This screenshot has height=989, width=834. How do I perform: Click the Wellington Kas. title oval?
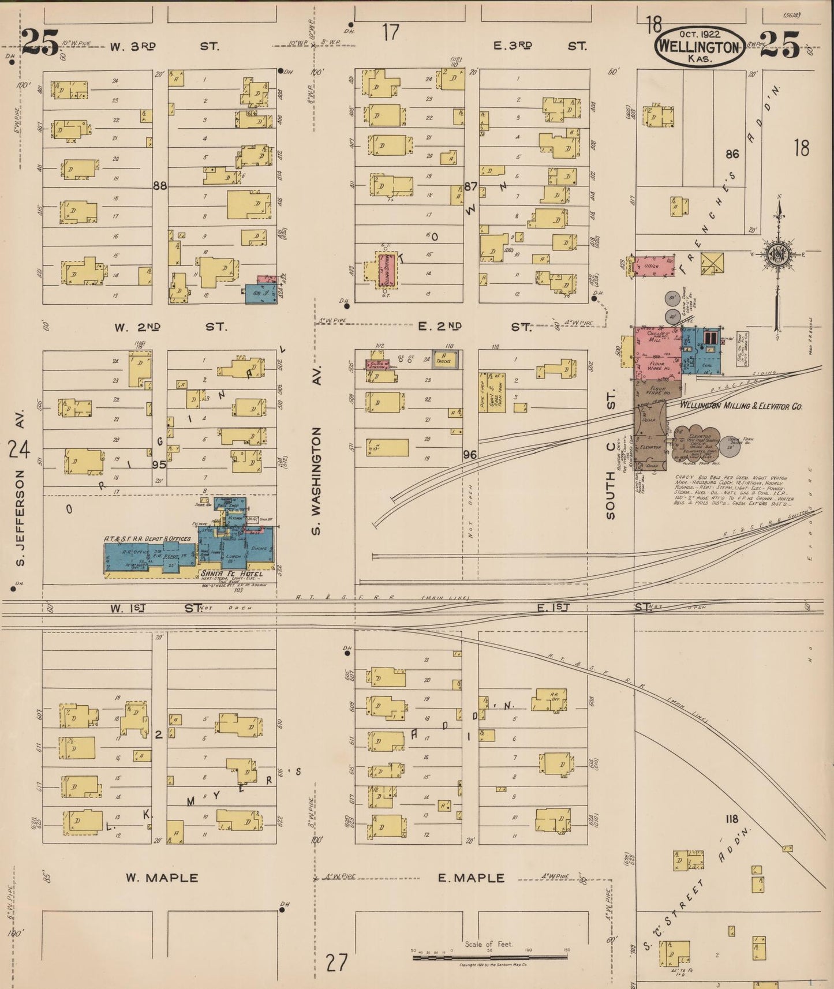pyautogui.click(x=699, y=46)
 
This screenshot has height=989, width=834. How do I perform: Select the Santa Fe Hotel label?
pyautogui.click(x=231, y=574)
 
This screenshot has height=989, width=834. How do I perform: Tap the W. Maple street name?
pyautogui.click(x=162, y=878)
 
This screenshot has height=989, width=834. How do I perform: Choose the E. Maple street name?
pyautogui.click(x=471, y=878)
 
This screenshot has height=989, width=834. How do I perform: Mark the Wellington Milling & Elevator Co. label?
pyautogui.click(x=741, y=406)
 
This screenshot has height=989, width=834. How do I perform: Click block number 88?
pyautogui.click(x=160, y=186)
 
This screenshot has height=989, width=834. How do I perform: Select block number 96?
pyautogui.click(x=470, y=455)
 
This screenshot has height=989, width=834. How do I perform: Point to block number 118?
pyautogui.click(x=732, y=819)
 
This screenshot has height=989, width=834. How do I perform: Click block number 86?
pyautogui.click(x=732, y=154)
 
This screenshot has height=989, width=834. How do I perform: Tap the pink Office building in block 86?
pyautogui.click(x=655, y=266)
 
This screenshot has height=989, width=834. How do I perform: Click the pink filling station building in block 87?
pyautogui.click(x=386, y=269)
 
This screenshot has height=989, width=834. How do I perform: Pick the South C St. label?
pyautogui.click(x=611, y=453)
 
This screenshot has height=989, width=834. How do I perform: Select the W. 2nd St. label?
pyautogui.click(x=170, y=327)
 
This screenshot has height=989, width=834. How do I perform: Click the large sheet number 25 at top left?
pyautogui.click(x=40, y=43)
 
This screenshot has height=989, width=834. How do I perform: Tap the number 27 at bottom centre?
pyautogui.click(x=338, y=962)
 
